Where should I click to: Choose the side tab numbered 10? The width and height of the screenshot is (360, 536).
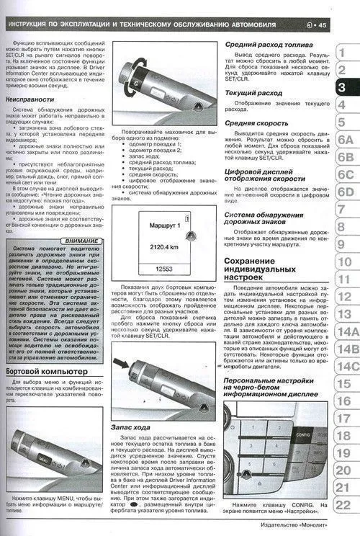click(344, 261)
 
